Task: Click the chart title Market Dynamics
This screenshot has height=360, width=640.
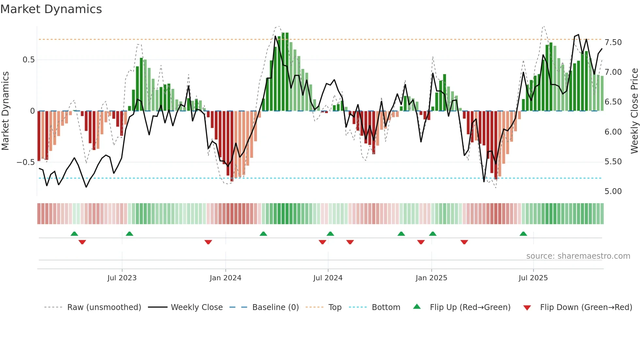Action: [51, 9]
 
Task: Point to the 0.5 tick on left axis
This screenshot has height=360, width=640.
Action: [28, 60]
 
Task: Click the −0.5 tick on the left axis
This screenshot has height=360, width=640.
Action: [25, 162]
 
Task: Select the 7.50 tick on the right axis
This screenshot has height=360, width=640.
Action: [613, 42]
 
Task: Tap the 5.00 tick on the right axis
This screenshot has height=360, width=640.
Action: [613, 191]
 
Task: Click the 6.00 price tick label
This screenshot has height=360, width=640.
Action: [613, 132]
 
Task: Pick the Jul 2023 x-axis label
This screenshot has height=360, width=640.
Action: [122, 278]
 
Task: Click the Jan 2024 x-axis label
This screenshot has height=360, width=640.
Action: [225, 278]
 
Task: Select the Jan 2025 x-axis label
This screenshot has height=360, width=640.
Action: [431, 278]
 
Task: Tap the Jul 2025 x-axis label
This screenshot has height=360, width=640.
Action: [533, 278]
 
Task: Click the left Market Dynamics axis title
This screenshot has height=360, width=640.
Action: [5, 111]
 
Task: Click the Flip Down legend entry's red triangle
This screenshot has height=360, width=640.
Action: [527, 308]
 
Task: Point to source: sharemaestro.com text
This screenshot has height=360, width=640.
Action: [578, 256]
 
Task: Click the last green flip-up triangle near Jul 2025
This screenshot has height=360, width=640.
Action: [523, 234]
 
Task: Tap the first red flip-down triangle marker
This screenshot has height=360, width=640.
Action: [82, 242]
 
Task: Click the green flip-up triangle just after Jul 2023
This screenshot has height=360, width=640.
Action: [129, 234]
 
